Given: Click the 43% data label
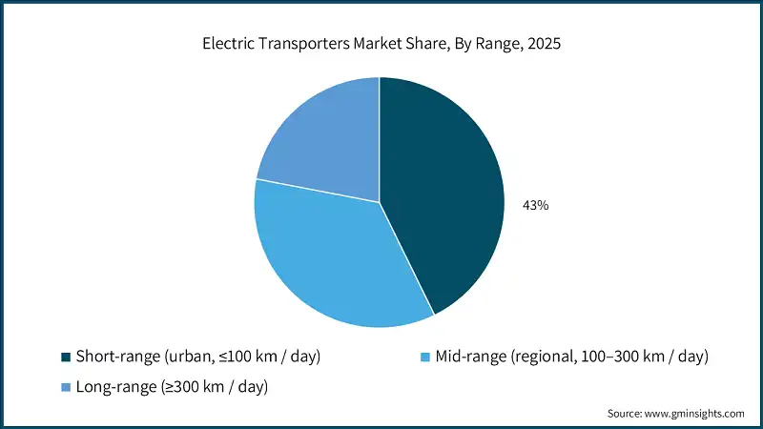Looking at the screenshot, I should click(534, 205).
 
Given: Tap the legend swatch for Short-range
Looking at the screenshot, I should click(66, 357).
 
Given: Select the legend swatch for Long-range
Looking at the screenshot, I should click(66, 386).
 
